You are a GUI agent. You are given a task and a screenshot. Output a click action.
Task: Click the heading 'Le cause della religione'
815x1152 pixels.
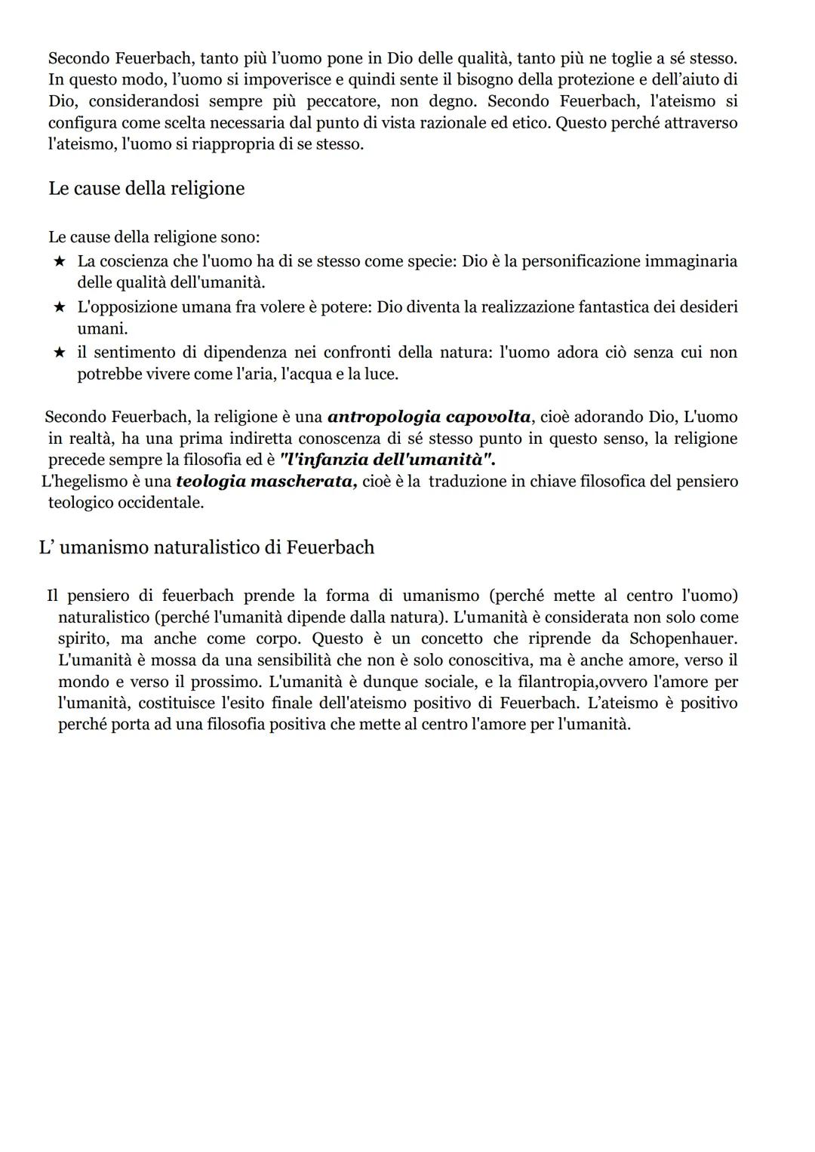pyautogui.click(x=146, y=189)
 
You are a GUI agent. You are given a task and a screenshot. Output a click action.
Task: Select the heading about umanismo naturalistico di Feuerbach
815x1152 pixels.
pyautogui.click(x=207, y=547)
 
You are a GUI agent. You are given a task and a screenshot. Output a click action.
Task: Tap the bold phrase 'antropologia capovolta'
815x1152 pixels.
pyautogui.click(x=429, y=417)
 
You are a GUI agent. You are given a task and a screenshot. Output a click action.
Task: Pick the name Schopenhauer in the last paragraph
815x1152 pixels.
pyautogui.click(x=684, y=639)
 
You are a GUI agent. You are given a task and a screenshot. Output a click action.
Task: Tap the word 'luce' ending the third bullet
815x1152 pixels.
pyautogui.click(x=380, y=374)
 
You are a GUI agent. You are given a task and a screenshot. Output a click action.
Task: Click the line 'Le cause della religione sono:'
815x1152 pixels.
pyautogui.click(x=154, y=237)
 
